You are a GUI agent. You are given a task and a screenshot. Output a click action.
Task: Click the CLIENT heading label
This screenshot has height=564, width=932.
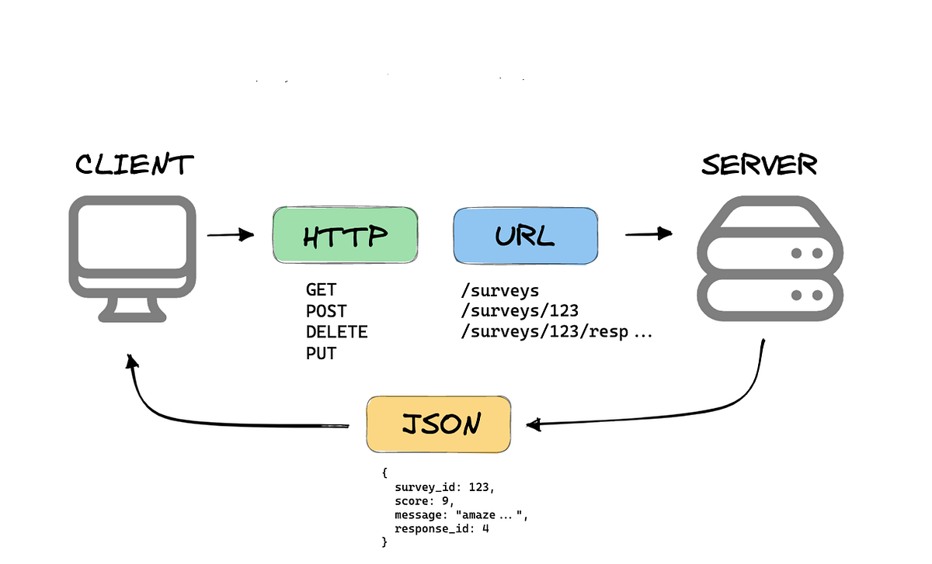point(134,164)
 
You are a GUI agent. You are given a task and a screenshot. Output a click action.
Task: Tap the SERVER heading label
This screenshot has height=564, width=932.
point(759,164)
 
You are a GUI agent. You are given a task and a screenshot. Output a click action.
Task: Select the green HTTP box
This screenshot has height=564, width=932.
point(345,235)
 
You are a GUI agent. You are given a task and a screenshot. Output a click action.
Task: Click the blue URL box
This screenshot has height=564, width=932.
point(526,235)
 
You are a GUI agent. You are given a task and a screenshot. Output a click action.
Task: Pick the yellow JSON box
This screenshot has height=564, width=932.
point(439,424)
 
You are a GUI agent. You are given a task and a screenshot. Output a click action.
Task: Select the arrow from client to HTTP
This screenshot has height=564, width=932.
point(231,234)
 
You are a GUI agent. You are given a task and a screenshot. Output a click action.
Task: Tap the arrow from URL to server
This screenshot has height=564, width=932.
point(649,233)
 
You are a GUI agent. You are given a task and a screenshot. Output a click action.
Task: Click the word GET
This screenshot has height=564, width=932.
point(321,291)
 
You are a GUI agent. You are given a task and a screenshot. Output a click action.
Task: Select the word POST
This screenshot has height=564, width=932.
point(326,312)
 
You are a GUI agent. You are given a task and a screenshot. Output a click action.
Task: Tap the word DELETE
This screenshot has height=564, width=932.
point(336,333)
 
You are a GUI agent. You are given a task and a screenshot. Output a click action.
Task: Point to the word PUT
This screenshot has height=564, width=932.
point(321,354)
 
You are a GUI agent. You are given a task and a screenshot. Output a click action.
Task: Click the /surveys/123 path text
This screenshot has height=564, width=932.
point(519,312)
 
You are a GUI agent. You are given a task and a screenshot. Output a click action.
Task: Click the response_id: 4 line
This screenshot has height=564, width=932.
point(442,529)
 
